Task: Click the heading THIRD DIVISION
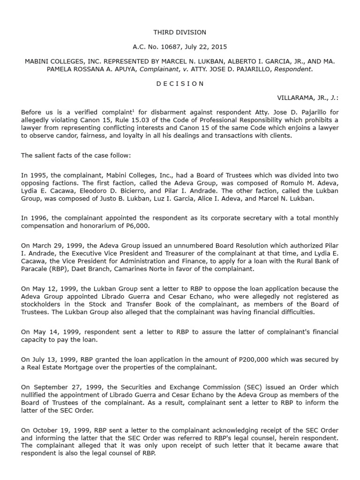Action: [x=180, y=32]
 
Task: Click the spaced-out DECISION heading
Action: [x=180, y=83]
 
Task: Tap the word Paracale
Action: [x=37, y=269]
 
